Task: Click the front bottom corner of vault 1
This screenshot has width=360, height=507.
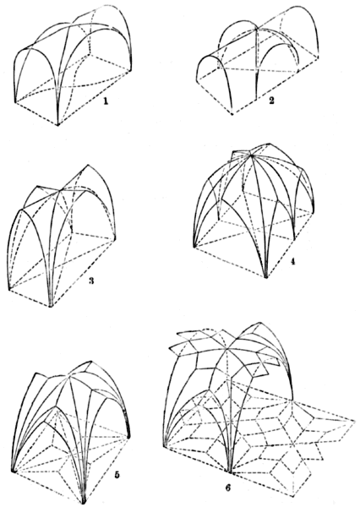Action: click(59, 125)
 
